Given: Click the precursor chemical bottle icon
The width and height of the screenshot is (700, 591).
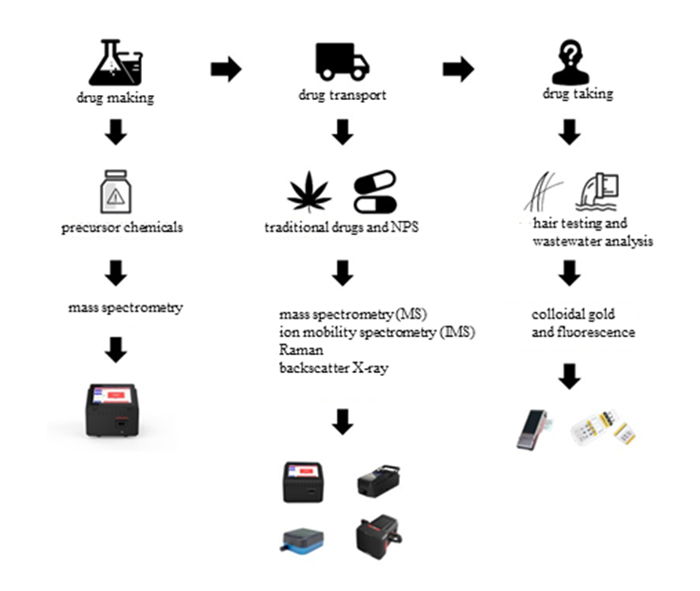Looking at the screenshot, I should [115, 195].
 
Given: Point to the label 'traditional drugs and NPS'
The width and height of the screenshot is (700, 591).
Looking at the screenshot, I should [342, 228].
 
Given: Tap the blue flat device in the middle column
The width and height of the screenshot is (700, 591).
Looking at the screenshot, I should [304, 538].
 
